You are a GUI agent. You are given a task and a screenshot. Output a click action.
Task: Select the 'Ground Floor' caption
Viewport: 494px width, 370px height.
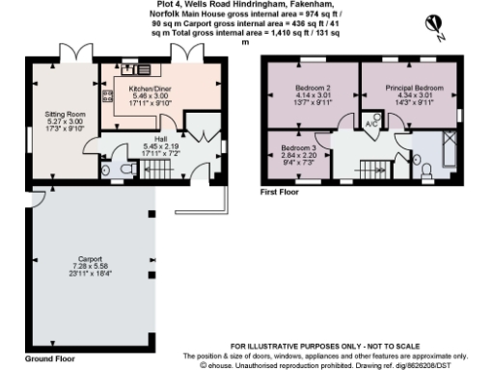[50, 357]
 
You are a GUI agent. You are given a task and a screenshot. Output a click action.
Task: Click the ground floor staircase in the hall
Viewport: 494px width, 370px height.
[156, 172]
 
